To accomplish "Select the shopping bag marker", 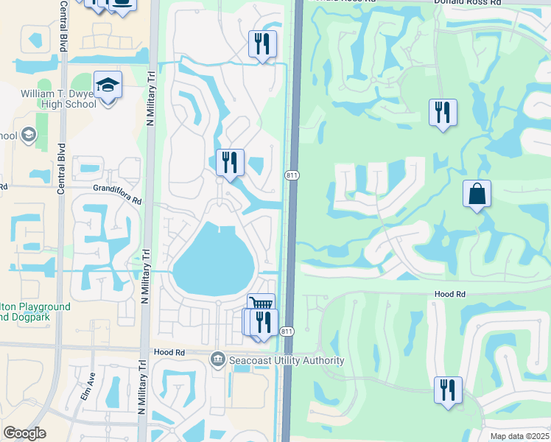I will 477,194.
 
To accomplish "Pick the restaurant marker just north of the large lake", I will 230,162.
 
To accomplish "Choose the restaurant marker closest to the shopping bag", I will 443,113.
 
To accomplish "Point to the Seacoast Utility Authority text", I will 287,360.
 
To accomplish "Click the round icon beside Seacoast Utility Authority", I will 218,360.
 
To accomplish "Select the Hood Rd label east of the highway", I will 449,293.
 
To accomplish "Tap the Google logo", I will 25,433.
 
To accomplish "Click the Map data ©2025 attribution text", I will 519,436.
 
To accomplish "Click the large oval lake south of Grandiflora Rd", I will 214,259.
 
